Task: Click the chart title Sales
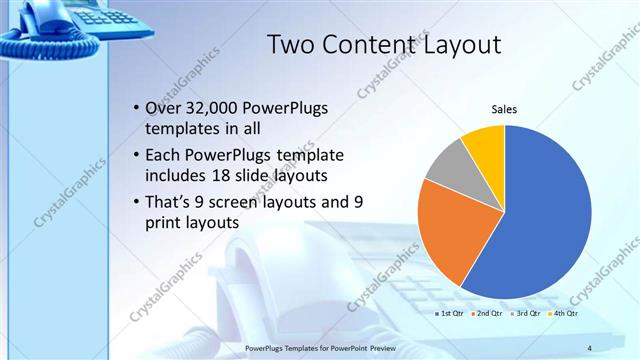tap(503, 110)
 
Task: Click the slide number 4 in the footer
tap(589, 347)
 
